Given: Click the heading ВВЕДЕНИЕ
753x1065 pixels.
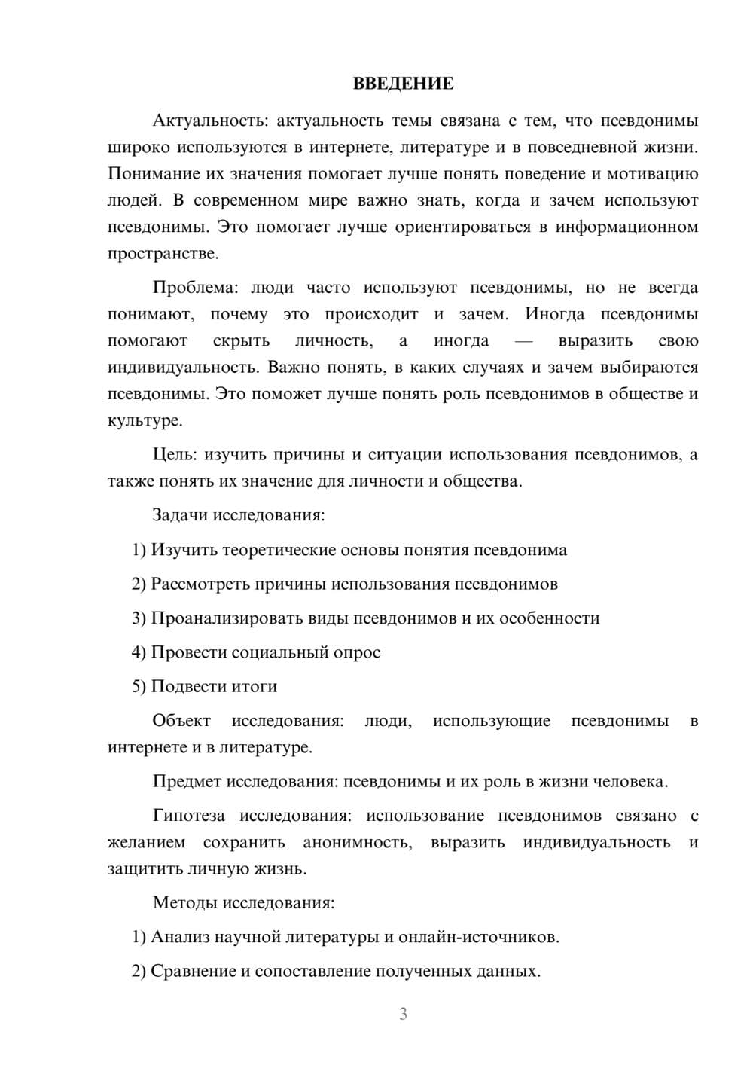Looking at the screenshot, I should (x=403, y=84).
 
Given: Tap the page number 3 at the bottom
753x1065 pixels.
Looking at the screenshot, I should (x=403, y=1014).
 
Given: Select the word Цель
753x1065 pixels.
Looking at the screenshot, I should (x=174, y=454).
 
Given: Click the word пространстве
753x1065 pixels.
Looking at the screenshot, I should (x=163, y=254).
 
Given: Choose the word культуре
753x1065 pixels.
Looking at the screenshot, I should (x=145, y=421).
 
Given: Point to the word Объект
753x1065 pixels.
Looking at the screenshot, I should (x=181, y=721).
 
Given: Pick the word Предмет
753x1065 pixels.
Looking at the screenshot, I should (x=187, y=781).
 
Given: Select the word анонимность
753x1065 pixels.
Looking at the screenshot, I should (x=357, y=842).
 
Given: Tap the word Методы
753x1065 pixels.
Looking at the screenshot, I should (x=182, y=902).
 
